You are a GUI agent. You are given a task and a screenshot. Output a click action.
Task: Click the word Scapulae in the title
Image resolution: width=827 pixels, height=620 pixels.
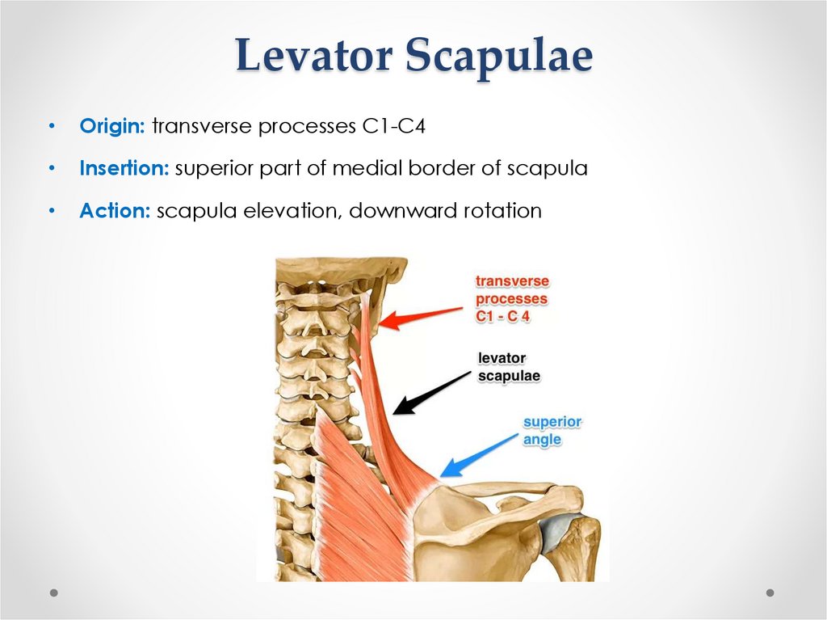[x=499, y=57]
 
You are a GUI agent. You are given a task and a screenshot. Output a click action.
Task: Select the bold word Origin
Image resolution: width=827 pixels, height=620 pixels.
[x=112, y=127]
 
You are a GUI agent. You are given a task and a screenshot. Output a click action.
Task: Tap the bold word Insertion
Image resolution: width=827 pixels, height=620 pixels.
[x=124, y=169]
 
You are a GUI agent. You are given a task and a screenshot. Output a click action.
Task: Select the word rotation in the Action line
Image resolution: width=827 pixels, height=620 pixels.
[x=502, y=211]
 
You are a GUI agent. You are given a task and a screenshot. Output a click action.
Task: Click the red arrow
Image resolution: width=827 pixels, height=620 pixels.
[x=420, y=316]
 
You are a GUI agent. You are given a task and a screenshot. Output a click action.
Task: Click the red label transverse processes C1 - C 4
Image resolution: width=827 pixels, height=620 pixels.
[x=511, y=299]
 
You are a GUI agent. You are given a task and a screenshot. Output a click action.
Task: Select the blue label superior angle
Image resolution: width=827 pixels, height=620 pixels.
[x=552, y=431]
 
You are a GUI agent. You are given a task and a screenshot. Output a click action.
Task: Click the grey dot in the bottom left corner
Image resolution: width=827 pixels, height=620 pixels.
[x=54, y=593]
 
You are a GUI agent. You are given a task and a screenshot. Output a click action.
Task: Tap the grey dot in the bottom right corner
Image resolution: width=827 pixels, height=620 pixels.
[x=770, y=593]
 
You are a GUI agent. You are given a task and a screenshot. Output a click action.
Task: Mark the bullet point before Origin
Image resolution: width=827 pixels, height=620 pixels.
[x=51, y=127]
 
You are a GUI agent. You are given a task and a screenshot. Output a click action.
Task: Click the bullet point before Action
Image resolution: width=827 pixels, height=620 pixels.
[x=51, y=211]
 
